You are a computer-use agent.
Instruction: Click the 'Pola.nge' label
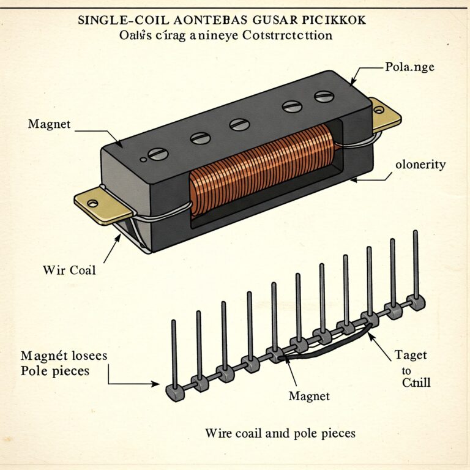(x=410, y=66)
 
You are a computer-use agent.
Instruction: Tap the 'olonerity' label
(x=420, y=165)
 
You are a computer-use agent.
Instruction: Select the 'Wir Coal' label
(x=70, y=270)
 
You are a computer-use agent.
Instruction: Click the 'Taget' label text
(x=411, y=355)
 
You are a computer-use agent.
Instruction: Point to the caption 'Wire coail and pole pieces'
(x=280, y=433)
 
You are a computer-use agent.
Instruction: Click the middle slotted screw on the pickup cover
(x=239, y=124)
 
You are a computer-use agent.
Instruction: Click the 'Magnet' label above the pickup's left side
(x=50, y=124)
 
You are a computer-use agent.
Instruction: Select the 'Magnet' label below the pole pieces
(x=309, y=397)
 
